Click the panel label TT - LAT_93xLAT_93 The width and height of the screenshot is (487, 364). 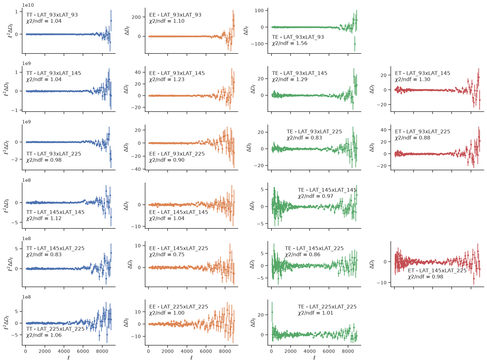[x=52, y=15]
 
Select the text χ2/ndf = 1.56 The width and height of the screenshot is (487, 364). [x=289, y=43]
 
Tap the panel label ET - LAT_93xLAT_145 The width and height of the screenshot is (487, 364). [x=422, y=73]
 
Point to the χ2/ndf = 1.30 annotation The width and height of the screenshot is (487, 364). [x=412, y=79]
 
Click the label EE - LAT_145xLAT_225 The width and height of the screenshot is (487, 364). [x=178, y=248]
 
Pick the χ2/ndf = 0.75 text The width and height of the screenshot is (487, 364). [x=167, y=255]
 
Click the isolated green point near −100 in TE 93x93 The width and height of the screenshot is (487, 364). [x=355, y=44]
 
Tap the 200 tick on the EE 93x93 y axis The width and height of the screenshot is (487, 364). [x=136, y=17]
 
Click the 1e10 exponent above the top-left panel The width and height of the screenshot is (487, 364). [x=28, y=5]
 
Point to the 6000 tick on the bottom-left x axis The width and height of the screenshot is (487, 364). [x=83, y=351]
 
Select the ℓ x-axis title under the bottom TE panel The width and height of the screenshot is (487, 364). [x=314, y=358]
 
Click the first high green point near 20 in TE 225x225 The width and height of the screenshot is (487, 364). [x=272, y=312]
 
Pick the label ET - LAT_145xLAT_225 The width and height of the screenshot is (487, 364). [x=437, y=270]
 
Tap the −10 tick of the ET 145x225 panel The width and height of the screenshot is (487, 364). [x=382, y=283]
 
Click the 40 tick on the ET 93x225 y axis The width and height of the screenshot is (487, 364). [x=384, y=130]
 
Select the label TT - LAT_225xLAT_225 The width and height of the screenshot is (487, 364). [x=55, y=329]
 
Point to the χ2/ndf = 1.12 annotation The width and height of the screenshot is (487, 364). [x=44, y=218]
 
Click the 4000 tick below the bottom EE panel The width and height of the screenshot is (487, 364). [x=187, y=351]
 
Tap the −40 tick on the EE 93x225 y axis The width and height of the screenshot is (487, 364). [x=136, y=169]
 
